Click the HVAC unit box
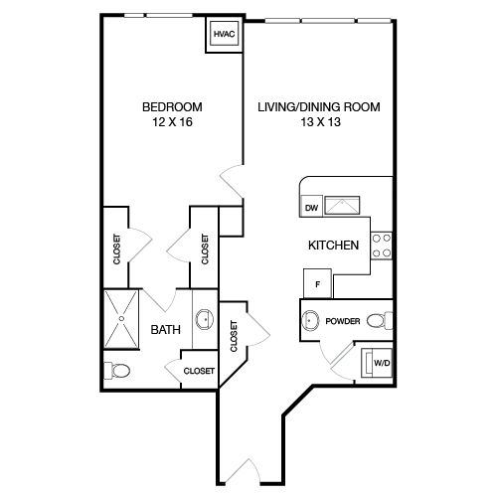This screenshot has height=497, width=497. pos(225,34)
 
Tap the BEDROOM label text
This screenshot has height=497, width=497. pos(172,107)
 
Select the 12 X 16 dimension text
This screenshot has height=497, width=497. pos(172,122)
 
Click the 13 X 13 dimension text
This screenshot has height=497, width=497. pos(320,122)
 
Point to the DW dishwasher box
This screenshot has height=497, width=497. pos(311,207)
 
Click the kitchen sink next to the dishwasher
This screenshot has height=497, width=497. pos(342,206)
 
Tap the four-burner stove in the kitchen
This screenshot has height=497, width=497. pos(382,246)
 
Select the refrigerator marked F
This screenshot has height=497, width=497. pos(318,283)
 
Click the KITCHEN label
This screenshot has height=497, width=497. pos(333,246)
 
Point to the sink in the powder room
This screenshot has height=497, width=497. pos(310,320)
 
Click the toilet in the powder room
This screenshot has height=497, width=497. pos(380,321)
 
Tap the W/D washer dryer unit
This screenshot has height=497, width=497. pos(377,363)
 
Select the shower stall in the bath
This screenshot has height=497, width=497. pos(121,319)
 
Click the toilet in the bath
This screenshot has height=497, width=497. pos(116,371)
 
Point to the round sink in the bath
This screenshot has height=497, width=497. pos(205,319)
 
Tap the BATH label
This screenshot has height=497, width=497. pos(166,330)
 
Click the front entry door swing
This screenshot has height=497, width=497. pos(246,469)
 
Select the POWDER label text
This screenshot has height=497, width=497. pos(343,321)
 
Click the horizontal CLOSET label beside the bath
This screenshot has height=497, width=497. pos(199,371)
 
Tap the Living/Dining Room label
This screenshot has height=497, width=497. pos(319,107)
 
